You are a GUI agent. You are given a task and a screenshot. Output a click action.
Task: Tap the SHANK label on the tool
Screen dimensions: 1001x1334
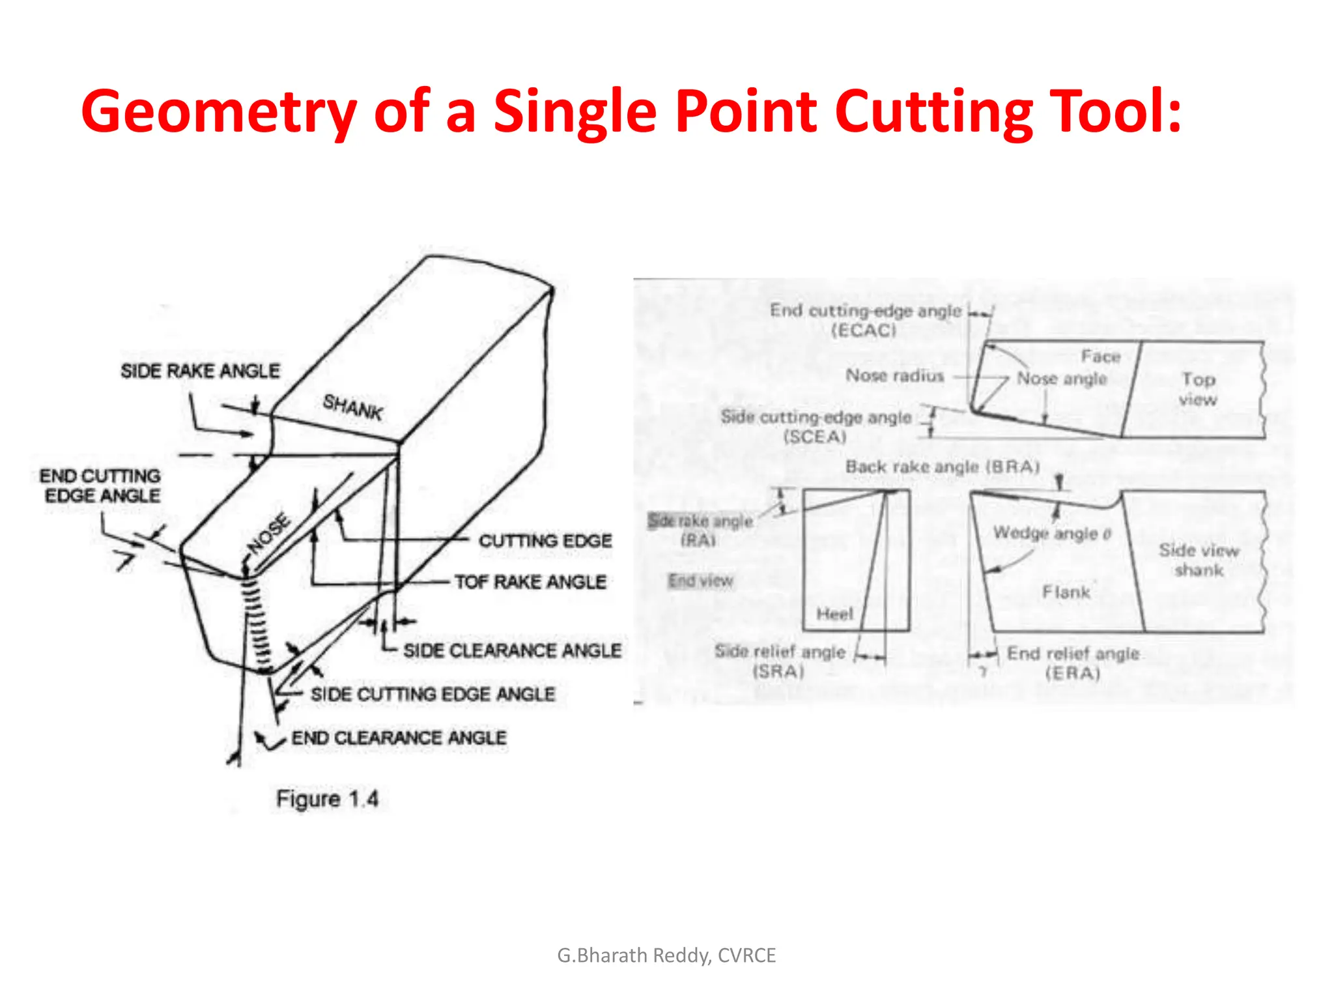352,407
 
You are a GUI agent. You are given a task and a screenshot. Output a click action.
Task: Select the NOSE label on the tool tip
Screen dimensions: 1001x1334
268,533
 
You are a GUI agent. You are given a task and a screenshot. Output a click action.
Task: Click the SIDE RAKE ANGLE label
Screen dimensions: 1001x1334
200,371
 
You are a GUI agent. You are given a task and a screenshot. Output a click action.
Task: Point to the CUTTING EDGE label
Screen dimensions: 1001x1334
545,541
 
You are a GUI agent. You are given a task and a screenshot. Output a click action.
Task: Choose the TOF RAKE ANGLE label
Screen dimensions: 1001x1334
530,582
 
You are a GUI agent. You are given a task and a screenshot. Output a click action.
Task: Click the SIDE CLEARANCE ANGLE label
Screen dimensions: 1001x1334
512,650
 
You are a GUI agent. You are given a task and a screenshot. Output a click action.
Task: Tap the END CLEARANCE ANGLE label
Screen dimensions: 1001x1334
399,738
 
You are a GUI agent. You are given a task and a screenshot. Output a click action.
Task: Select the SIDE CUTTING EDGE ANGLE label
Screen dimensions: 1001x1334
433,694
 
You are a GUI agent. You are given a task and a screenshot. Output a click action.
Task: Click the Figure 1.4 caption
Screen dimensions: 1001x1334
327,799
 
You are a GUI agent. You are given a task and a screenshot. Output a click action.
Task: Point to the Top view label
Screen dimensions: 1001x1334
1198,389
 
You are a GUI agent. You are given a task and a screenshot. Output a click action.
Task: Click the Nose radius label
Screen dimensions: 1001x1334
894,376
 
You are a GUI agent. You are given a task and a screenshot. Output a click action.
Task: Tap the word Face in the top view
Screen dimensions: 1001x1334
1101,356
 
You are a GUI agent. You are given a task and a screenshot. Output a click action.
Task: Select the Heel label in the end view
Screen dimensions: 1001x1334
834,614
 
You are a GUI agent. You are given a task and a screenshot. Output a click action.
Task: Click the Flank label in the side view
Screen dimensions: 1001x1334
1066,592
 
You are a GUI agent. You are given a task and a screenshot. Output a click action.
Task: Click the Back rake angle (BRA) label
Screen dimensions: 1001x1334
942,467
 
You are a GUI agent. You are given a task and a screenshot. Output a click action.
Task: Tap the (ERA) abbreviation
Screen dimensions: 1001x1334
1072,673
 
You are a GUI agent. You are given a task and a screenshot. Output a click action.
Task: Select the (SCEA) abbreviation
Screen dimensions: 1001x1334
814,437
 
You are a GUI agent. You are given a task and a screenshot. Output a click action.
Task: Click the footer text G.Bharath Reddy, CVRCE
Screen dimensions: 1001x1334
666,955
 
